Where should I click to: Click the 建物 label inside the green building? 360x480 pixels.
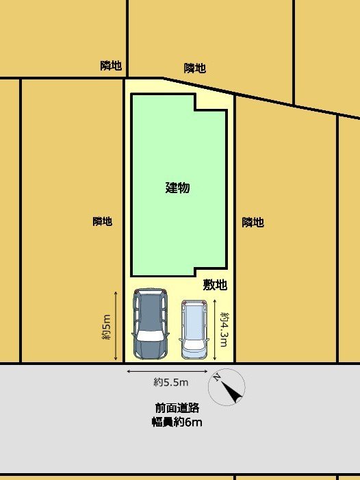click(178, 188)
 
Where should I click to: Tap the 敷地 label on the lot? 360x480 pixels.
click(215, 285)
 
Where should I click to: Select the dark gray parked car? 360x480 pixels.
click(151, 324)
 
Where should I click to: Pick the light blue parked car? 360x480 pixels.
click(194, 329)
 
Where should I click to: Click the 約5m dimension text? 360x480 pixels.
click(106, 327)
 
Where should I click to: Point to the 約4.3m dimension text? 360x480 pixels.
click(224, 329)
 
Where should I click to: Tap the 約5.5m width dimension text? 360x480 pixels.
click(170, 382)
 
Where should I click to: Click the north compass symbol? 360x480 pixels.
click(227, 388)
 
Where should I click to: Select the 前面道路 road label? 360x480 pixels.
click(177, 407)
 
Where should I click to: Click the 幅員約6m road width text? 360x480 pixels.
click(177, 422)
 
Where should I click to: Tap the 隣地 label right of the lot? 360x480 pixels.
click(253, 223)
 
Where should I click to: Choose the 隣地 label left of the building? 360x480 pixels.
click(103, 221)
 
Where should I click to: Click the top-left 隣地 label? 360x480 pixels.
click(111, 66)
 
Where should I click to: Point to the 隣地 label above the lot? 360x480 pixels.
click(195, 68)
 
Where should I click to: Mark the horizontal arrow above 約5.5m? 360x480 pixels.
click(167, 372)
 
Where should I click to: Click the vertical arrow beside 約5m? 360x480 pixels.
click(116, 326)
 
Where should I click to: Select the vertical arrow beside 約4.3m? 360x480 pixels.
click(215, 329)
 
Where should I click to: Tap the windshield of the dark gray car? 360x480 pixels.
click(150, 336)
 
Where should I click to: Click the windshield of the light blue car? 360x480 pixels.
click(194, 344)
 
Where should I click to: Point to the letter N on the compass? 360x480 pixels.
click(216, 378)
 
